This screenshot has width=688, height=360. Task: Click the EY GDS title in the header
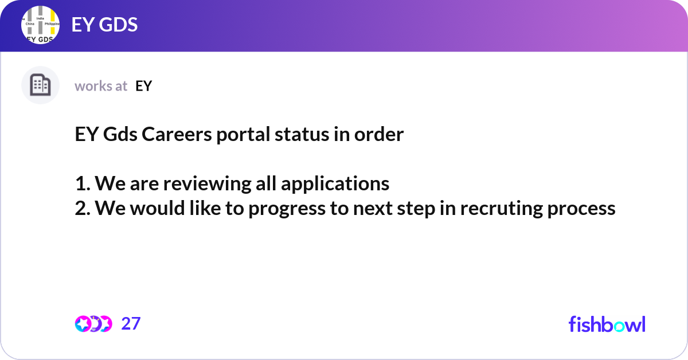click(104, 25)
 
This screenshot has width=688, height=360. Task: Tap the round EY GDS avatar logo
click(40, 26)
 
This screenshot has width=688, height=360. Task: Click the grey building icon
click(40, 85)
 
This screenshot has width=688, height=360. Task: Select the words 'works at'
click(101, 86)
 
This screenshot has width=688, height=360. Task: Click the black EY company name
click(144, 86)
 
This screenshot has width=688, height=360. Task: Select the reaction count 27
click(131, 324)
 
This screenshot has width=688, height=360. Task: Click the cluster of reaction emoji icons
click(93, 324)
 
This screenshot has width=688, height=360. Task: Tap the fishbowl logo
click(607, 324)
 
